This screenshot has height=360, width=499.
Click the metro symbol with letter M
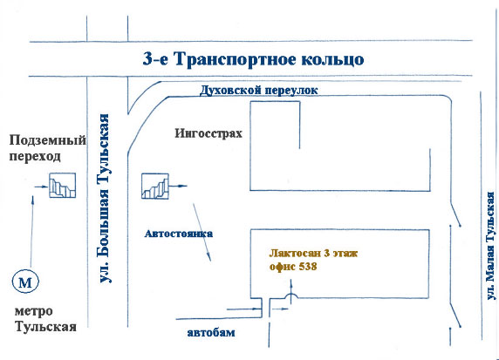pos(25,282)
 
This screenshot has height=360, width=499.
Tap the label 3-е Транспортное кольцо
pos(253,59)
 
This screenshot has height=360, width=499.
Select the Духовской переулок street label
pos(258,90)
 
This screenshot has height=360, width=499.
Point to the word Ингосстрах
pos(208,133)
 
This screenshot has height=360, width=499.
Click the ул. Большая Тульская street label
pos(105,198)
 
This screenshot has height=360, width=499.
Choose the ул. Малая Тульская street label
pos(491,245)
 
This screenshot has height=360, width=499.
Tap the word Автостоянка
pos(179,234)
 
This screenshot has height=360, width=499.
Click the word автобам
pos(211,333)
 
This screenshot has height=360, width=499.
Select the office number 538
pos(308,267)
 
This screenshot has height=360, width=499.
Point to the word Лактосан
pos(295,253)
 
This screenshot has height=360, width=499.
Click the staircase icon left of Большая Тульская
pos(63,186)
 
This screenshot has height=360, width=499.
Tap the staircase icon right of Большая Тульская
pos(155,186)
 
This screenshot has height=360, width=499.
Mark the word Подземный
pos(48,140)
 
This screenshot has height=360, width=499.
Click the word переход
pos(35,157)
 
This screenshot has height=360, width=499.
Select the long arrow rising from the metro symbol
pos(31,231)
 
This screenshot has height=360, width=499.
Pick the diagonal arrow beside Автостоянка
pos(202,232)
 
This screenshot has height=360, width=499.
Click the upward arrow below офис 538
pos(291,292)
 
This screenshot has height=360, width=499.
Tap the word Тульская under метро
pos(46,327)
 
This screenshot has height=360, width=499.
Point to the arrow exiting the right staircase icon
pos(178,186)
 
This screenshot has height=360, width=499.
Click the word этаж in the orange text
pos(345,253)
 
